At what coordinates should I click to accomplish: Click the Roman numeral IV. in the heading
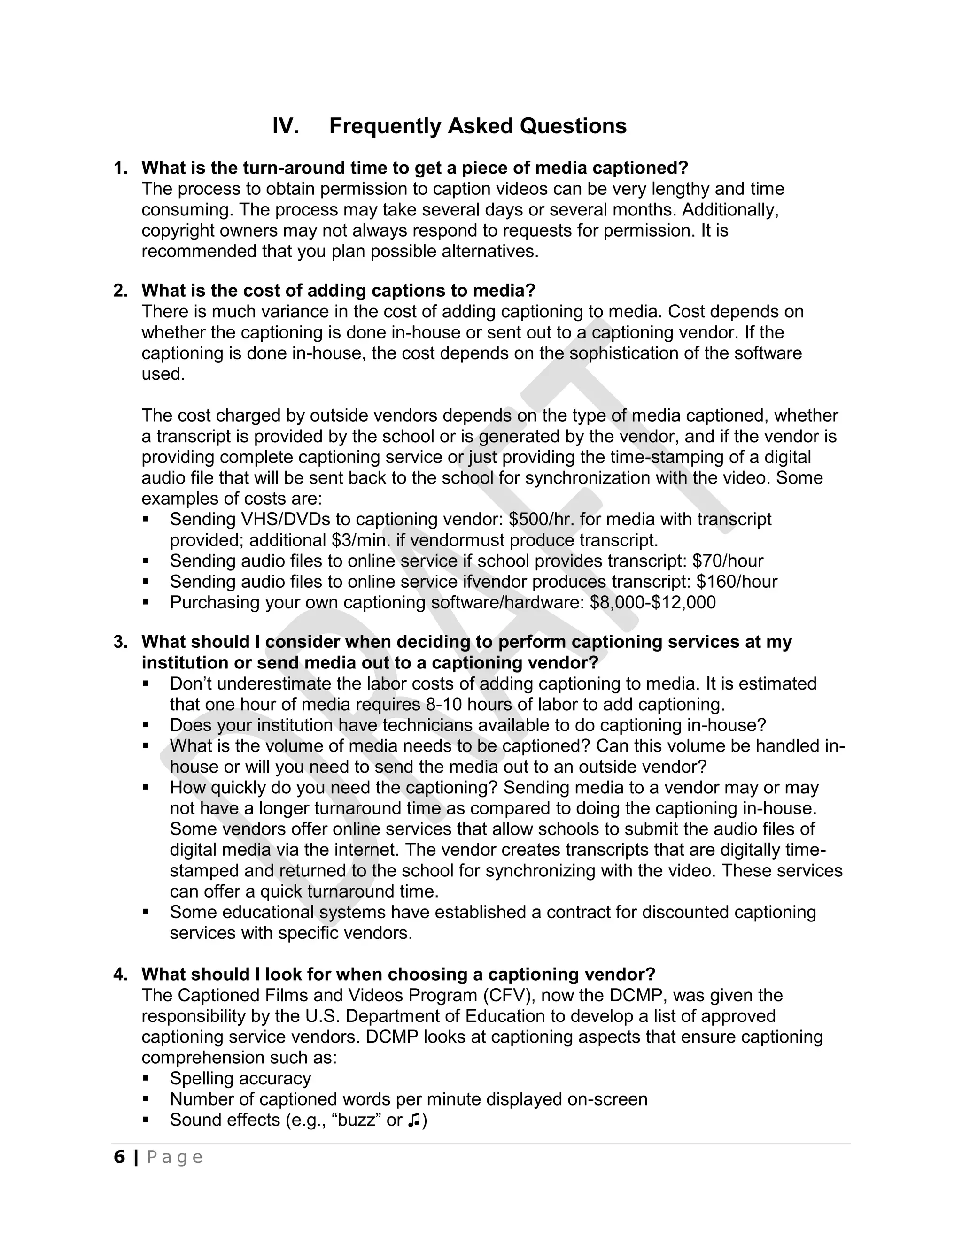(x=286, y=126)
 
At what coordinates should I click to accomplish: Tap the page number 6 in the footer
(x=119, y=1157)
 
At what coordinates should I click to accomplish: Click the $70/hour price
(x=727, y=561)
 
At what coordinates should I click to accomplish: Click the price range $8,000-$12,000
(x=652, y=603)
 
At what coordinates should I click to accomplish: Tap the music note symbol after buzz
(x=414, y=1120)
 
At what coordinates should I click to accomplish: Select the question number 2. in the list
(x=120, y=291)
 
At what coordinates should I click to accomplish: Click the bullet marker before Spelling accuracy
(x=146, y=1078)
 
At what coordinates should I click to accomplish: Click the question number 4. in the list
(x=120, y=975)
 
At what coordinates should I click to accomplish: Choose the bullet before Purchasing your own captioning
(x=146, y=602)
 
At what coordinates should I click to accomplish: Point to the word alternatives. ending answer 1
(x=490, y=251)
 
